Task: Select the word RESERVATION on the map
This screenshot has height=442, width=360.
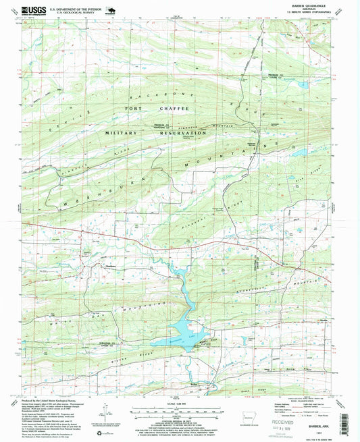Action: (x=181, y=134)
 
